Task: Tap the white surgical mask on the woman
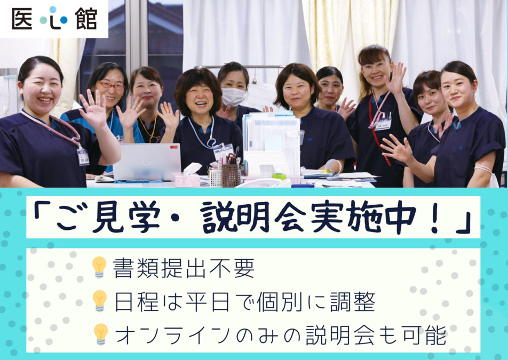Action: (234, 97)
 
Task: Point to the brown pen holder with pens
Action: (231, 174)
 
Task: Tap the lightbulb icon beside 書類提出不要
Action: (99, 267)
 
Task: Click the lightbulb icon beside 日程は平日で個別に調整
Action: (99, 300)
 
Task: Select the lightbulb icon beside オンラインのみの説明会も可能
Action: (100, 334)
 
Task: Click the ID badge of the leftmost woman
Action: (83, 156)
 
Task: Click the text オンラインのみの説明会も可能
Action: (281, 335)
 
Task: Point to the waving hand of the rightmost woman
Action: (396, 150)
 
